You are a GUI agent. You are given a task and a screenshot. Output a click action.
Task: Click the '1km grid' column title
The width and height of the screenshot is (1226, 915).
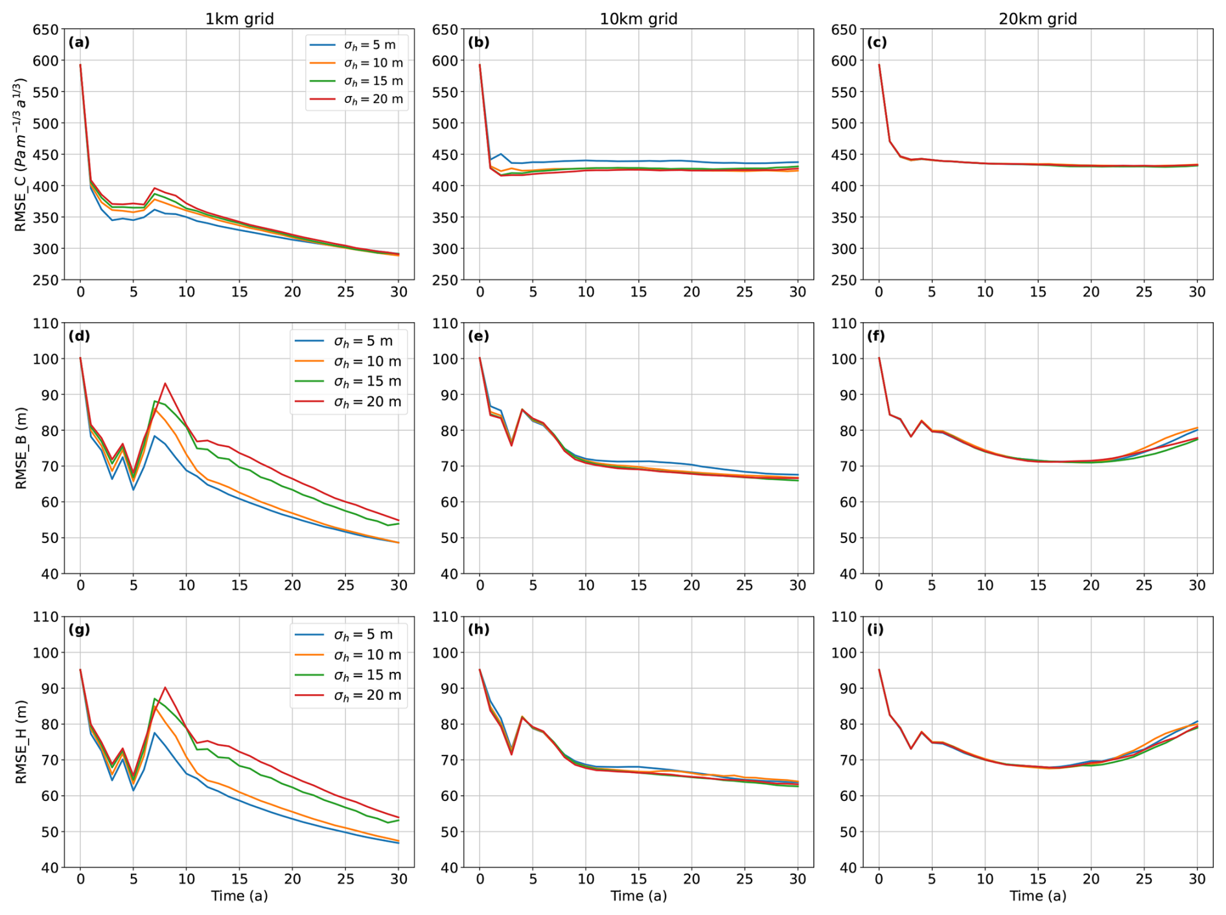(239, 19)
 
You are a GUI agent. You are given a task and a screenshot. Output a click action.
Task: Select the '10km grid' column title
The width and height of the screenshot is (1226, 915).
(638, 19)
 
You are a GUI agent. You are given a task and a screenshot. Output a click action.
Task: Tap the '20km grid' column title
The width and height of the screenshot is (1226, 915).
(1037, 19)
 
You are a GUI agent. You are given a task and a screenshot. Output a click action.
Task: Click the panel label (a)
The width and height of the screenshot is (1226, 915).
(79, 43)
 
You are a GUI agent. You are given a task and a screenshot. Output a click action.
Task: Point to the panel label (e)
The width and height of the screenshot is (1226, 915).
(478, 336)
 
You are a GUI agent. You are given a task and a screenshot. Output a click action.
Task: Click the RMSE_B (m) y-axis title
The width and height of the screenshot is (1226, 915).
(21, 448)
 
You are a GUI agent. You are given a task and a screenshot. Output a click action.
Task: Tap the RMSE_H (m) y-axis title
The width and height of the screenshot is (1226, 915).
(21, 741)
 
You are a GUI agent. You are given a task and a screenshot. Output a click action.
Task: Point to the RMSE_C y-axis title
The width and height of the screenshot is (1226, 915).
(21, 155)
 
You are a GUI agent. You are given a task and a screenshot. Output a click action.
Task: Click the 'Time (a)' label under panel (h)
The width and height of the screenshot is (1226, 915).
(638, 896)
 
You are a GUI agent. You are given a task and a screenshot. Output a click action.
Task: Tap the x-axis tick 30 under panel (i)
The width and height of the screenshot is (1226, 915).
(1197, 879)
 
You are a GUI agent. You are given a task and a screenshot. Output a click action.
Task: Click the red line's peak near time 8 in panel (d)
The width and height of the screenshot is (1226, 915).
(165, 384)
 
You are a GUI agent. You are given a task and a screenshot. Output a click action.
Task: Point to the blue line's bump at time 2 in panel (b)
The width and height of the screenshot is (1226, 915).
(501, 154)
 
